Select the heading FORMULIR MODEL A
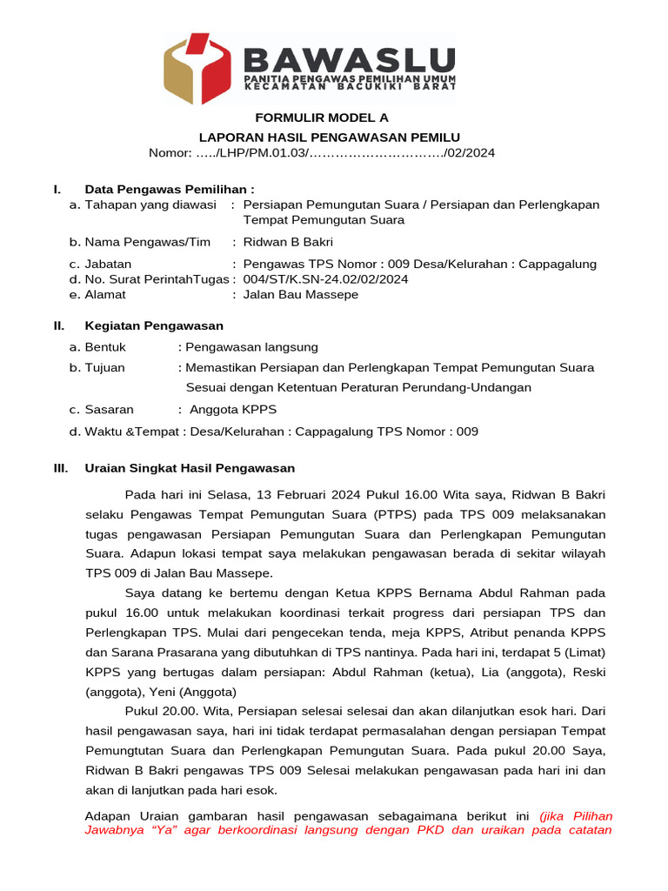321,117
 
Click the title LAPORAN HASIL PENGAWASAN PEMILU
330,137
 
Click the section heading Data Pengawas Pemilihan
170,189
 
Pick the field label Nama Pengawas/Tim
147,242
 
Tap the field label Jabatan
108,264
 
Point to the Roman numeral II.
59,325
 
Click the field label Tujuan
104,367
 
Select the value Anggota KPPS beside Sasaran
226,409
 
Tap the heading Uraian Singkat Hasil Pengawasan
190,468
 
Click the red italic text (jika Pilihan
576,816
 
